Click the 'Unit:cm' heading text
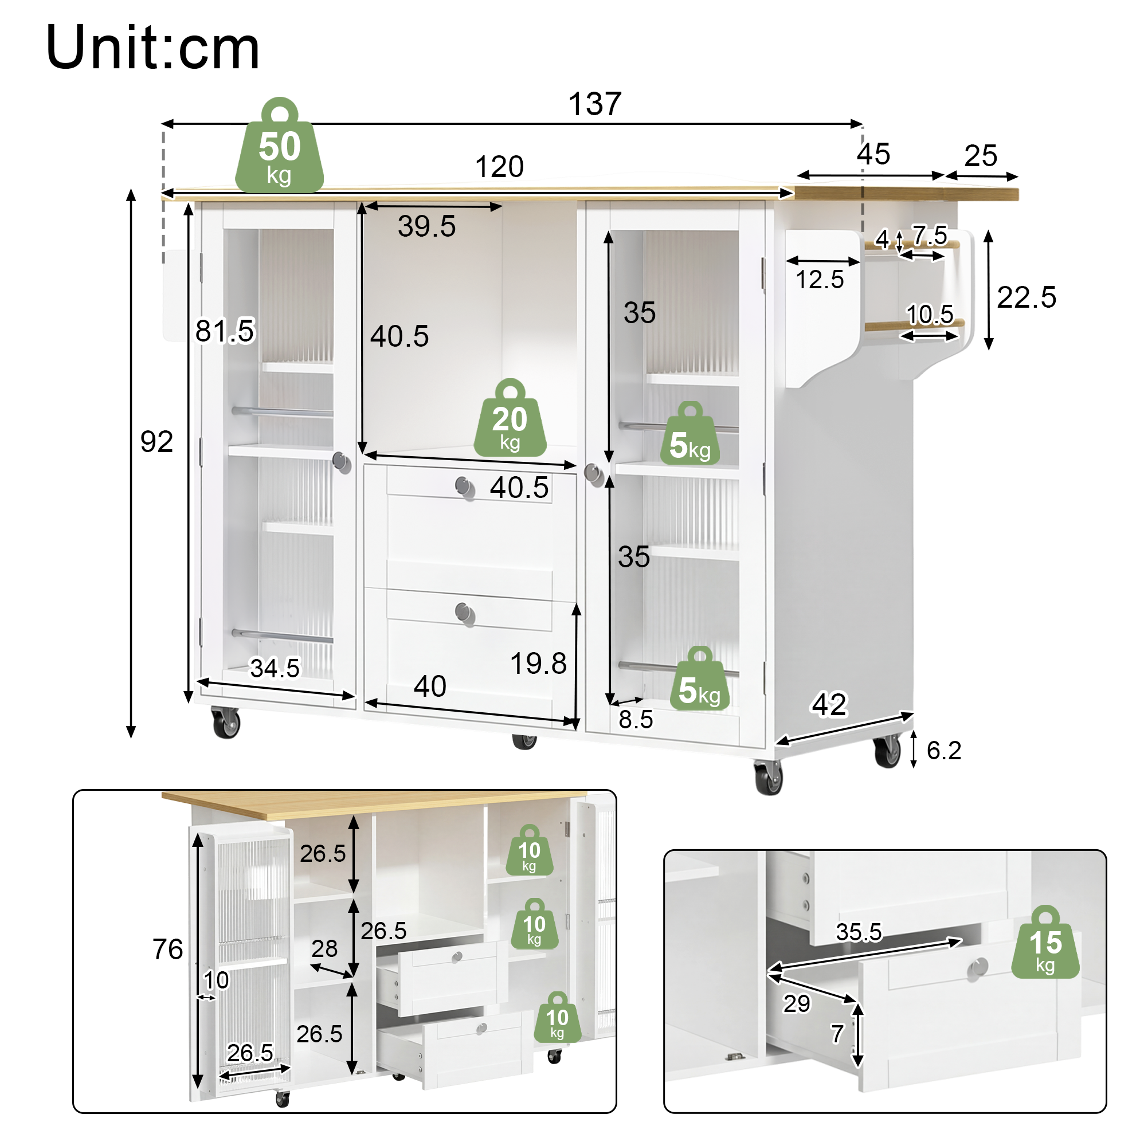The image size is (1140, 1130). tap(152, 48)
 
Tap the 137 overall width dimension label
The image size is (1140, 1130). tap(594, 104)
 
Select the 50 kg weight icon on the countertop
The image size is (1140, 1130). tap(279, 145)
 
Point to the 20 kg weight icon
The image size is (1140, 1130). tap(510, 418)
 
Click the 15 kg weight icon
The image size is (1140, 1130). tap(1045, 943)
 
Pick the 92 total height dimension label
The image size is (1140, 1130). tap(156, 441)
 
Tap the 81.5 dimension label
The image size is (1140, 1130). tap(225, 331)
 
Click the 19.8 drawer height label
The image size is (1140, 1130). tap(538, 663)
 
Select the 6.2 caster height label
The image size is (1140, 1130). tap(943, 751)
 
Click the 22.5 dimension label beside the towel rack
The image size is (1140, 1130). tap(1026, 297)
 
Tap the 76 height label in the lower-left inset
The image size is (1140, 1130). tap(167, 949)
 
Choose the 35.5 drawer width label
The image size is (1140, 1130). tap(859, 932)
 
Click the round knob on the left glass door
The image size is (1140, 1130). tap(342, 462)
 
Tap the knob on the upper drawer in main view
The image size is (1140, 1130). tap(465, 487)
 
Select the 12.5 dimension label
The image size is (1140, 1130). tap(820, 280)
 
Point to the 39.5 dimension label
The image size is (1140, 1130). tap(426, 226)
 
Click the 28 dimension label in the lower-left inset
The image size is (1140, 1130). tap(324, 949)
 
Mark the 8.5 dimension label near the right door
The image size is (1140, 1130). tap(636, 719)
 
